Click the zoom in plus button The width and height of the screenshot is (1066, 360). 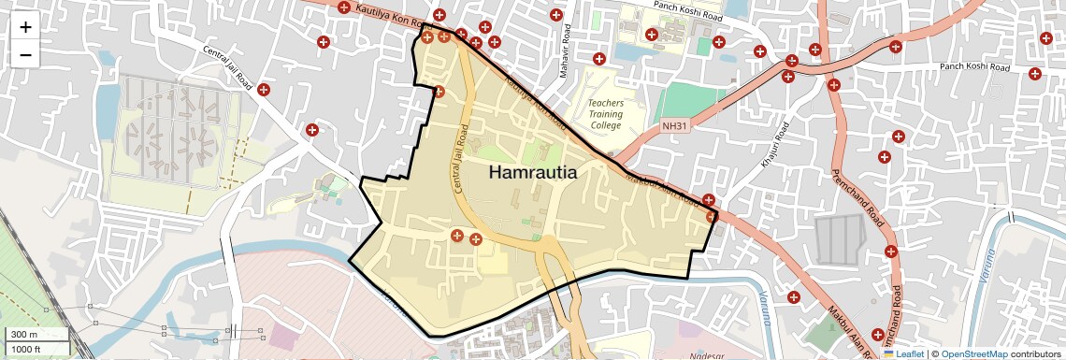point(25,27)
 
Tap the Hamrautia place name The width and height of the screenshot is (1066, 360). point(532,173)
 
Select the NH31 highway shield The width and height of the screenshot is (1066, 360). point(674,125)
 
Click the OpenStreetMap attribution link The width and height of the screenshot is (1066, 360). point(974,354)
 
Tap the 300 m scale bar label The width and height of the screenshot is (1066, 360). point(25,335)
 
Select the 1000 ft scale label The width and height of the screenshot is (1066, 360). point(28,349)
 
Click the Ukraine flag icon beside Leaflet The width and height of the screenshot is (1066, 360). point(889,354)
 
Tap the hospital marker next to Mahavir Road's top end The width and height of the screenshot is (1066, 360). point(557,15)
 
